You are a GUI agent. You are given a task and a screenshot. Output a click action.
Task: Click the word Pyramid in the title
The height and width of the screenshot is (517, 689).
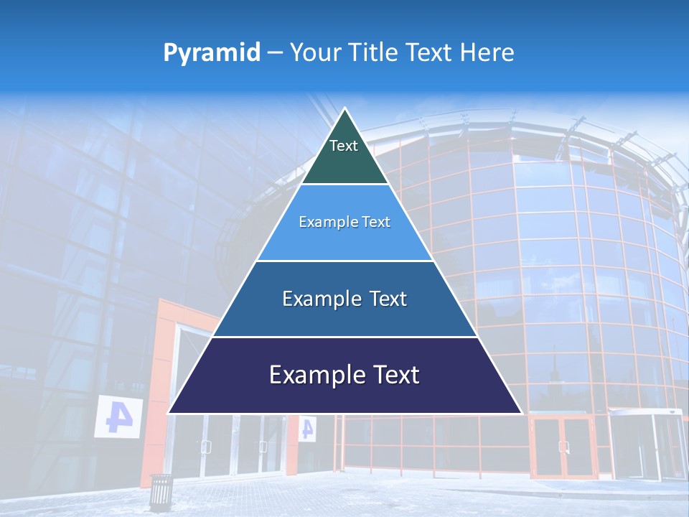click(212, 52)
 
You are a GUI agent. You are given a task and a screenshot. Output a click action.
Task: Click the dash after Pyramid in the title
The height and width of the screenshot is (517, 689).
click(275, 53)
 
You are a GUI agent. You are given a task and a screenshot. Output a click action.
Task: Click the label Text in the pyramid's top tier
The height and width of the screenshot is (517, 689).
click(344, 146)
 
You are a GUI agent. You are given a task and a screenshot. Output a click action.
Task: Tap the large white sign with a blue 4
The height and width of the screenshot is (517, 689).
click(118, 416)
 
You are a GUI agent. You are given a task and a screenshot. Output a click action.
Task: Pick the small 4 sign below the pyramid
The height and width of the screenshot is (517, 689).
click(307, 429)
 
